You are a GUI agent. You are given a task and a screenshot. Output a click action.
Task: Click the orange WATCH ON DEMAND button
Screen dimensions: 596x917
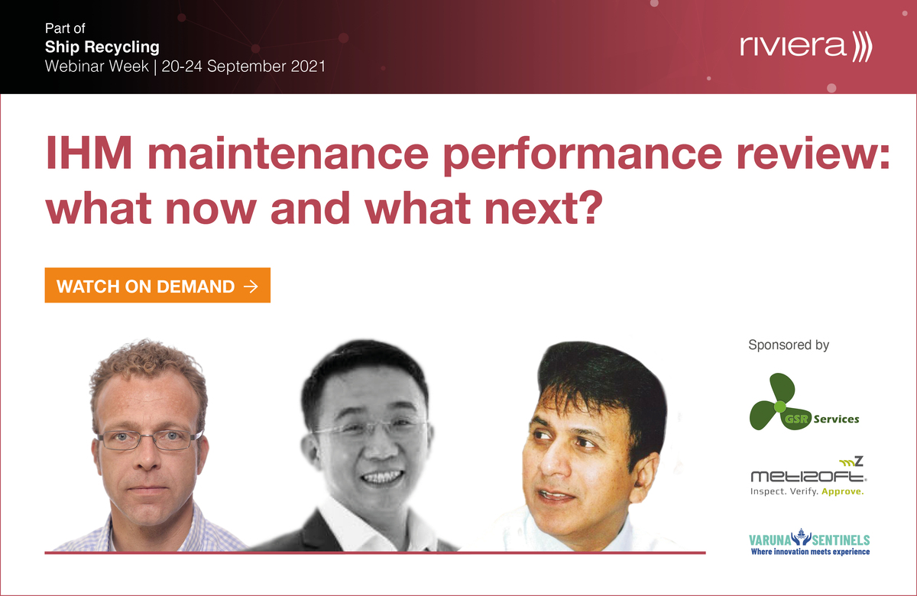[x=157, y=286]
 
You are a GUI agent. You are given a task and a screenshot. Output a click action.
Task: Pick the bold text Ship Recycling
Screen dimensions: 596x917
[x=102, y=47]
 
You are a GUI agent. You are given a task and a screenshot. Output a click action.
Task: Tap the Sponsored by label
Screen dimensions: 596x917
[x=789, y=345]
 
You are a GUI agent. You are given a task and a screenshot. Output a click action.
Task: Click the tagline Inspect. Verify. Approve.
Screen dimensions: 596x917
[x=808, y=492]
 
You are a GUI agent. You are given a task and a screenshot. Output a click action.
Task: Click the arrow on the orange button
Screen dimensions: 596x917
[x=250, y=287]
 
